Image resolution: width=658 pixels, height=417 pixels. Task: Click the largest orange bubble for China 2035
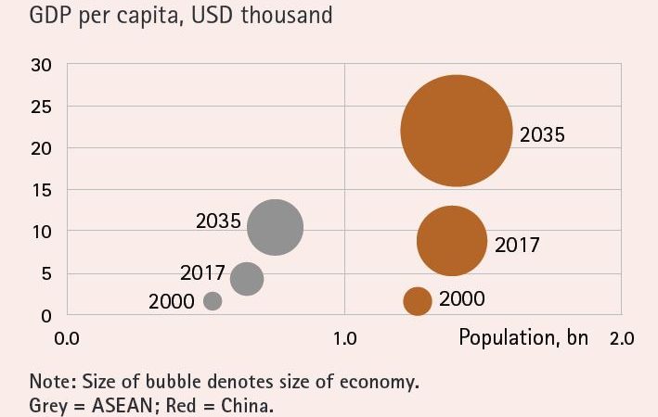pyautogui.click(x=456, y=131)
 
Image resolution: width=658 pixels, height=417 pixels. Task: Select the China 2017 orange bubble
pyautogui.click(x=452, y=240)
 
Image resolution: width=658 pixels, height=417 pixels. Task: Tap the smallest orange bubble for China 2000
pyautogui.click(x=418, y=300)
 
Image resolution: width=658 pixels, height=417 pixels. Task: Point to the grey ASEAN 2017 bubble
pyautogui.click(x=246, y=278)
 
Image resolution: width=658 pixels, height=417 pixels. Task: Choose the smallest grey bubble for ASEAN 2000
pyautogui.click(x=213, y=300)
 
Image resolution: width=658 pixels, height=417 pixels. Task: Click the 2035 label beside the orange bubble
pyautogui.click(x=542, y=135)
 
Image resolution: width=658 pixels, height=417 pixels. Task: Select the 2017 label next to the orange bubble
pyautogui.click(x=517, y=246)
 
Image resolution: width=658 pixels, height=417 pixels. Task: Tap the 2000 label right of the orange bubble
pyautogui.click(x=461, y=299)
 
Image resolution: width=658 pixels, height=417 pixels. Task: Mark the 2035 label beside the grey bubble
pyautogui.click(x=218, y=222)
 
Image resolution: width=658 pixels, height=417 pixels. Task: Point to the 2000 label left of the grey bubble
pyautogui.click(x=172, y=301)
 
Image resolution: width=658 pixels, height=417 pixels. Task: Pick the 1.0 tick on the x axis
pyautogui.click(x=344, y=337)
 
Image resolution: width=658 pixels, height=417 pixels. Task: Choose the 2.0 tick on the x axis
pyautogui.click(x=621, y=337)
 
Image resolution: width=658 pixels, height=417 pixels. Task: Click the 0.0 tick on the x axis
pyautogui.click(x=67, y=337)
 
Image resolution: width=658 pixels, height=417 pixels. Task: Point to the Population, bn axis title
pyautogui.click(x=523, y=336)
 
